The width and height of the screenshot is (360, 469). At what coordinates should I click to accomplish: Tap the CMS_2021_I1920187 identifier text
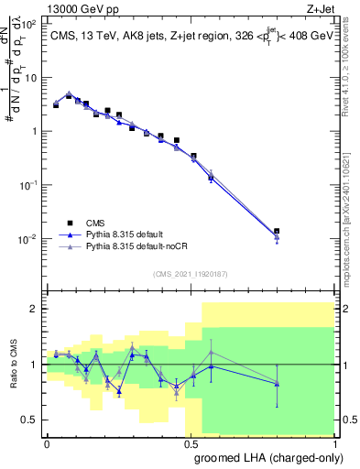190,274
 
